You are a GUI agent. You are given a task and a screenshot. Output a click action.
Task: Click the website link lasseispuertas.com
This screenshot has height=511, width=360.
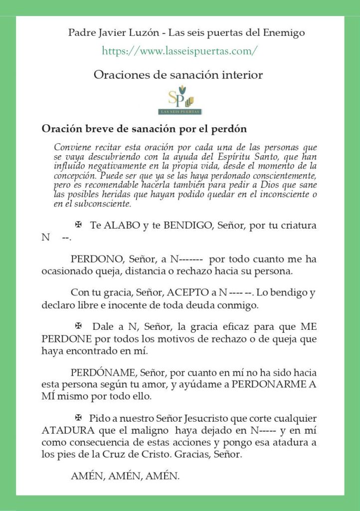pyautogui.click(x=180, y=51)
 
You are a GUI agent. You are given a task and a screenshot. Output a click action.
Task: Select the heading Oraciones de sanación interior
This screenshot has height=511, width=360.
pyautogui.click(x=178, y=75)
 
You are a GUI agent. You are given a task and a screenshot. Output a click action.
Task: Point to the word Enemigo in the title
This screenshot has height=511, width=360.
pyautogui.click(x=282, y=33)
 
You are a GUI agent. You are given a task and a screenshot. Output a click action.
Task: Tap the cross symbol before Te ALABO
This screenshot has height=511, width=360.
pyautogui.click(x=78, y=225)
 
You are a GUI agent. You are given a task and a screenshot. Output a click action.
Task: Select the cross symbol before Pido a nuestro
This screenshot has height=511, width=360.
pyautogui.click(x=78, y=417)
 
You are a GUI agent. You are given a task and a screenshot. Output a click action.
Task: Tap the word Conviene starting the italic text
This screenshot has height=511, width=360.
pyautogui.click(x=71, y=148)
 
